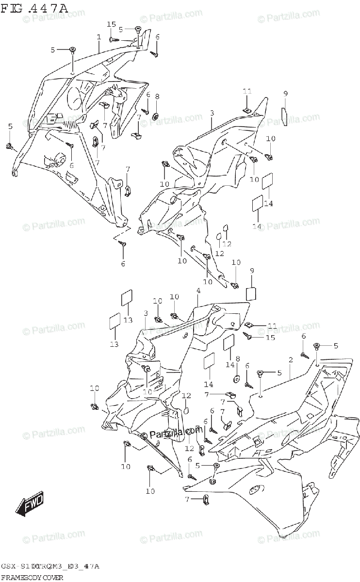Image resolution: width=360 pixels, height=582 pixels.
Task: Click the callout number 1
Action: (x=98, y=37)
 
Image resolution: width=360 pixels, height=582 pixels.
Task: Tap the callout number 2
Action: (x=290, y=360)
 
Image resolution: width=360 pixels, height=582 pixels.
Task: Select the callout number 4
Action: (x=198, y=291)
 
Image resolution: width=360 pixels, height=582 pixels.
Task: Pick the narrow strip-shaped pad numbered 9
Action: (x=285, y=116)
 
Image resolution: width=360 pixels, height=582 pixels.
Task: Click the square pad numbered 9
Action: (x=252, y=294)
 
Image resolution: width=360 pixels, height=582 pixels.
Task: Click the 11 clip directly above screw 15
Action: (x=249, y=325)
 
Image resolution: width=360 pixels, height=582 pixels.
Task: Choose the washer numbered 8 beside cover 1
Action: (x=157, y=116)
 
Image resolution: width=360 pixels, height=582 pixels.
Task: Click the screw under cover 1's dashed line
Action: (x=123, y=245)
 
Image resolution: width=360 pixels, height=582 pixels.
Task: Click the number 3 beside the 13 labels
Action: (x=145, y=313)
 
